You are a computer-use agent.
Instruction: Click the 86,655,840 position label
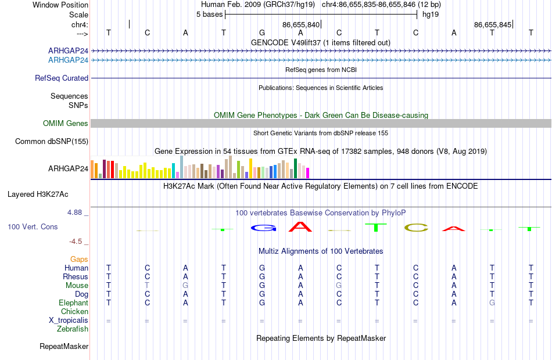pyautogui.click(x=300, y=24)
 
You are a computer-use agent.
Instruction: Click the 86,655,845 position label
pyautogui.click(x=493, y=24)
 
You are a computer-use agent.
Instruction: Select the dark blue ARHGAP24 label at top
pyautogui.click(x=68, y=51)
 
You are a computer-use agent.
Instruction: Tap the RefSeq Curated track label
pyautogui.click(x=61, y=78)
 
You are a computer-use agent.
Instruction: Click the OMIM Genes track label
pyautogui.click(x=66, y=123)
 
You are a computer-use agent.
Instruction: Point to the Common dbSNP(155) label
pyautogui.click(x=52, y=142)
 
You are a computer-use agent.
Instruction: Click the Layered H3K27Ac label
pyautogui.click(x=38, y=195)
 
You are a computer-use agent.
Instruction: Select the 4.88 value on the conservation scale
pyautogui.click(x=74, y=213)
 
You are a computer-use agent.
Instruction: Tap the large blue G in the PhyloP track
pyautogui.click(x=263, y=228)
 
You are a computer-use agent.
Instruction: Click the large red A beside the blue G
pyautogui.click(x=300, y=226)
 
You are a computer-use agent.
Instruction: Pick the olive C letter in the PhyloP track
pyautogui.click(x=416, y=228)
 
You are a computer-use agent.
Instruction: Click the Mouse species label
pyautogui.click(x=77, y=286)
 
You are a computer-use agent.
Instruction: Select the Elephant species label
pyautogui.click(x=73, y=303)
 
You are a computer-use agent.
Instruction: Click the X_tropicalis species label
pyautogui.click(x=69, y=321)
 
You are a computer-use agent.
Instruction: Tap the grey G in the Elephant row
pyautogui.click(x=492, y=303)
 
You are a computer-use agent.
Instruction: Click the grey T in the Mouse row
pyautogui.click(x=147, y=286)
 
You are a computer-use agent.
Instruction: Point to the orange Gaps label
pyautogui.click(x=79, y=260)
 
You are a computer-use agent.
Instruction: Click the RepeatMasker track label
pyautogui.click(x=64, y=347)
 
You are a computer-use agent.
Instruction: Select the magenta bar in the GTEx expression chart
pyautogui.click(x=308, y=173)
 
